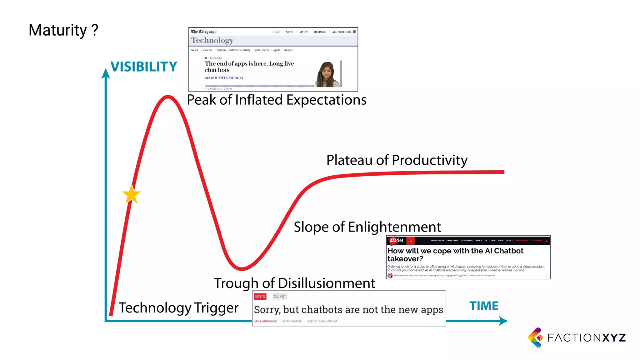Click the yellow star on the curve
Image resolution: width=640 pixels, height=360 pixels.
(x=131, y=194)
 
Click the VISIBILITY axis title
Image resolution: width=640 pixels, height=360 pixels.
(x=144, y=67)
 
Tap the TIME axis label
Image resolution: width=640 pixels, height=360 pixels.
(x=484, y=306)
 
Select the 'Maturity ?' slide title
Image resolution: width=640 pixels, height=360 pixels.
(x=63, y=30)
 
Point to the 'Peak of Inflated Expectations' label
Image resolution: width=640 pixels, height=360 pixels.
(x=276, y=100)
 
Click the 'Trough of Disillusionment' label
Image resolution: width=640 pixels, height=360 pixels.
(x=294, y=283)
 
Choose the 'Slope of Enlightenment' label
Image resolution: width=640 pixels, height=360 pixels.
(x=367, y=227)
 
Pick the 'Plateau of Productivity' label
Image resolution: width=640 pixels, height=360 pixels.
(x=397, y=160)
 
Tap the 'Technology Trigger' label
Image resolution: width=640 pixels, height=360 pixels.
(x=178, y=308)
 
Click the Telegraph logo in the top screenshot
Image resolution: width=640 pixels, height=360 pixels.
(x=204, y=32)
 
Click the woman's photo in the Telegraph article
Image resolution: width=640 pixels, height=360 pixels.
(x=327, y=74)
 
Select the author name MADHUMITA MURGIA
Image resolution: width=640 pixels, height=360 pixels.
(x=224, y=78)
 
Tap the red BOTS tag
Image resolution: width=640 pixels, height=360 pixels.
(x=260, y=297)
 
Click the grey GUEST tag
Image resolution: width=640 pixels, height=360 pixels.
(x=280, y=297)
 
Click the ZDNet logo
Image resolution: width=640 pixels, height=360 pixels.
(x=396, y=240)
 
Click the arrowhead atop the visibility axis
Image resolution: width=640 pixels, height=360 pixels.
(x=106, y=73)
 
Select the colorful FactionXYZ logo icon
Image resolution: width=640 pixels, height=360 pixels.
(x=536, y=337)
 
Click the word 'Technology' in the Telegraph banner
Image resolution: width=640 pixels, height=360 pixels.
(x=212, y=40)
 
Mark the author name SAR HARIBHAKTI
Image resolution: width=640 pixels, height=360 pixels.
(x=265, y=321)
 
